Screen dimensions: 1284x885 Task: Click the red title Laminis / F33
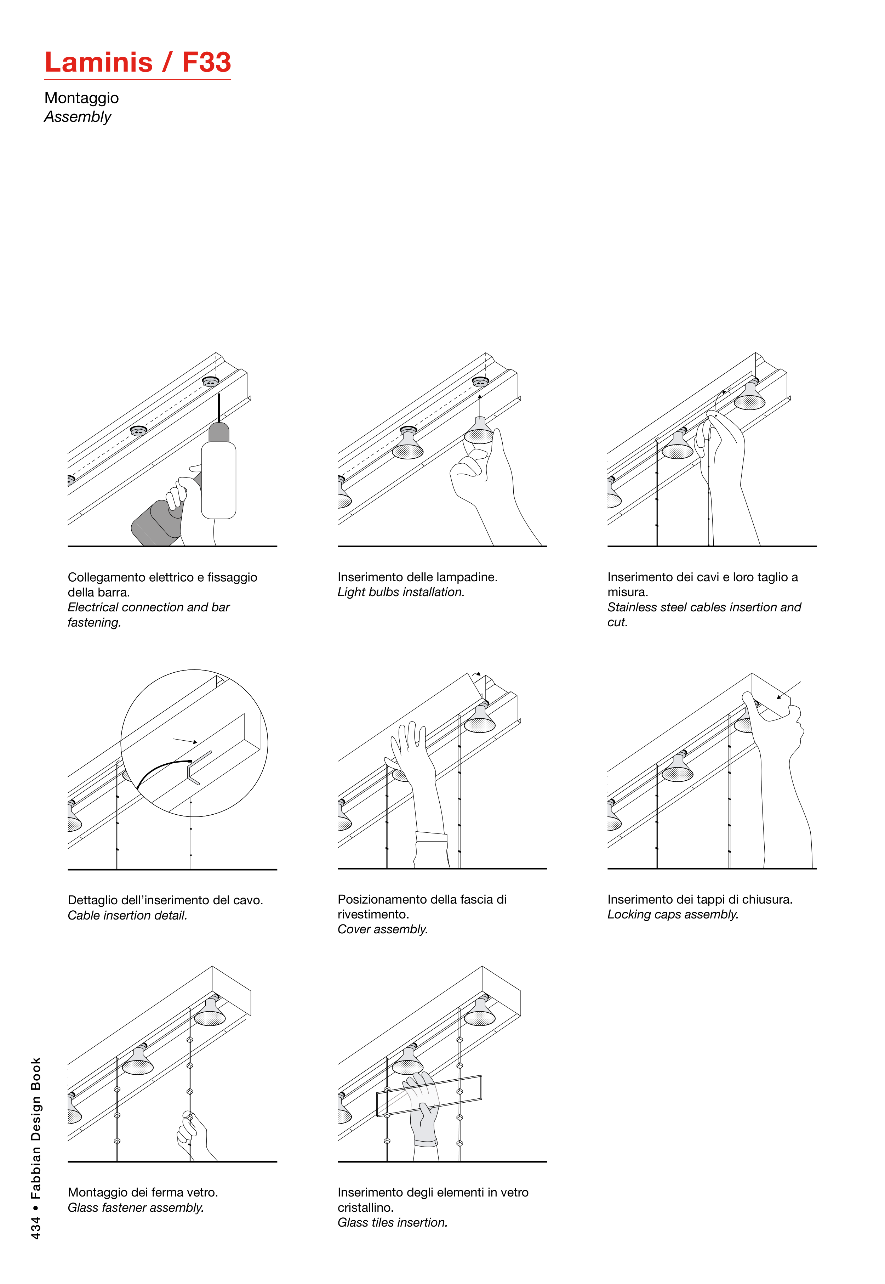[x=137, y=62]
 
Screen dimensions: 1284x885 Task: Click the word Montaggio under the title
[x=81, y=98]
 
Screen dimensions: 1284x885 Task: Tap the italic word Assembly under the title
[x=78, y=117]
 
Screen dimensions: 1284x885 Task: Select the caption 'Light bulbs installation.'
[x=400, y=592]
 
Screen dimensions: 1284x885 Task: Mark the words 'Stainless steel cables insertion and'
[x=704, y=607]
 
